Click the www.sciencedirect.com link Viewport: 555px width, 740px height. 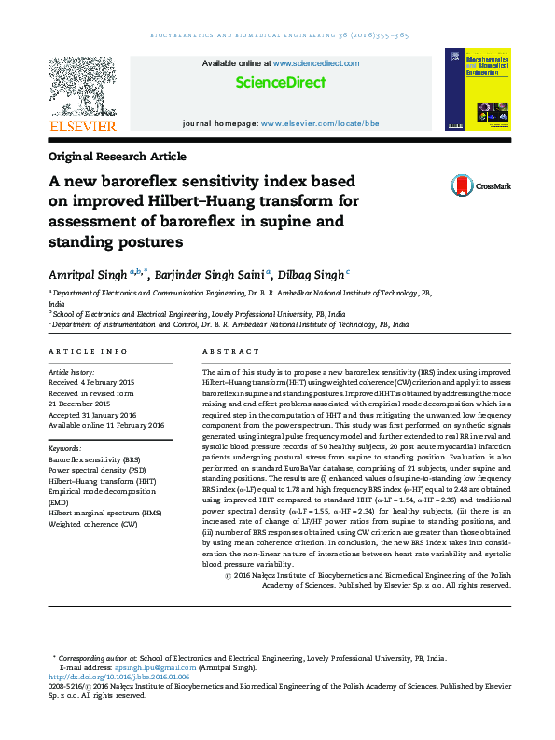[x=316, y=63]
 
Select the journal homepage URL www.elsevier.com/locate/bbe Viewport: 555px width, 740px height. [x=320, y=123]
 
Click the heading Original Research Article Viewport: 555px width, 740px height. [x=117, y=157]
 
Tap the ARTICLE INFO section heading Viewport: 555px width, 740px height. [x=89, y=351]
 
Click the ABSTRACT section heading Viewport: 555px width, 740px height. [x=230, y=351]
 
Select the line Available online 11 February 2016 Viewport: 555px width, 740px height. [x=105, y=424]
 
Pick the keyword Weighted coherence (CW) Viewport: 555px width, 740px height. [x=92, y=525]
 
